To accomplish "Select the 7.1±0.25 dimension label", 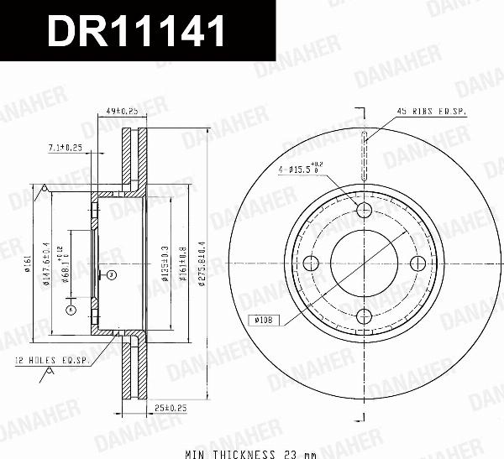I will pyautogui.click(x=65, y=148).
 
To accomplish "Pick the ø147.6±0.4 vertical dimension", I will pyautogui.click(x=50, y=263).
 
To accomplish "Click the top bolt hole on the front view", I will pyautogui.click(x=364, y=210).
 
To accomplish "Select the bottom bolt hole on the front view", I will pyautogui.click(x=364, y=316).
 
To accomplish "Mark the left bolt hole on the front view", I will pyautogui.click(x=311, y=263).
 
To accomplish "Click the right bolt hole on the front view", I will pyautogui.click(x=417, y=263).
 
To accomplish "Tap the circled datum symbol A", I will pyautogui.click(x=71, y=310).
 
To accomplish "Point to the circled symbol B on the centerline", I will pyautogui.click(x=111, y=274).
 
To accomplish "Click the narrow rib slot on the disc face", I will pyautogui.click(x=364, y=157).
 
